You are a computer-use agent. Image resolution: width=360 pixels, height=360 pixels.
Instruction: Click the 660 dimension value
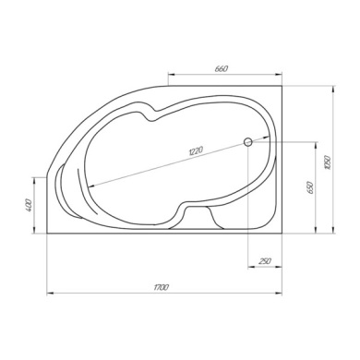point(222,68)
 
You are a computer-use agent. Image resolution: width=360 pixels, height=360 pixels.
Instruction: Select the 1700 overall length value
point(162,288)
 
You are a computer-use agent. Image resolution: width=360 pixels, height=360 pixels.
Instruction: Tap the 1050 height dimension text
point(328,162)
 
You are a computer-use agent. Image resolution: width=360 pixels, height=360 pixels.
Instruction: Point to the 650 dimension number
point(310,187)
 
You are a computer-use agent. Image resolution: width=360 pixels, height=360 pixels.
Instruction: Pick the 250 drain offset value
point(265,261)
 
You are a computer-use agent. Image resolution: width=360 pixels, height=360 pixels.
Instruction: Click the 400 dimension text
point(29,205)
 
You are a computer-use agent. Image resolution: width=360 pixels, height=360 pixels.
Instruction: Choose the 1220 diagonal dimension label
point(196,150)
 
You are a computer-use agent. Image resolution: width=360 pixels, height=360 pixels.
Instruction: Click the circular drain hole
point(248,142)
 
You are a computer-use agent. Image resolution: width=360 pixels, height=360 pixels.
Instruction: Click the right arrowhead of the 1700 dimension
point(279,294)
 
